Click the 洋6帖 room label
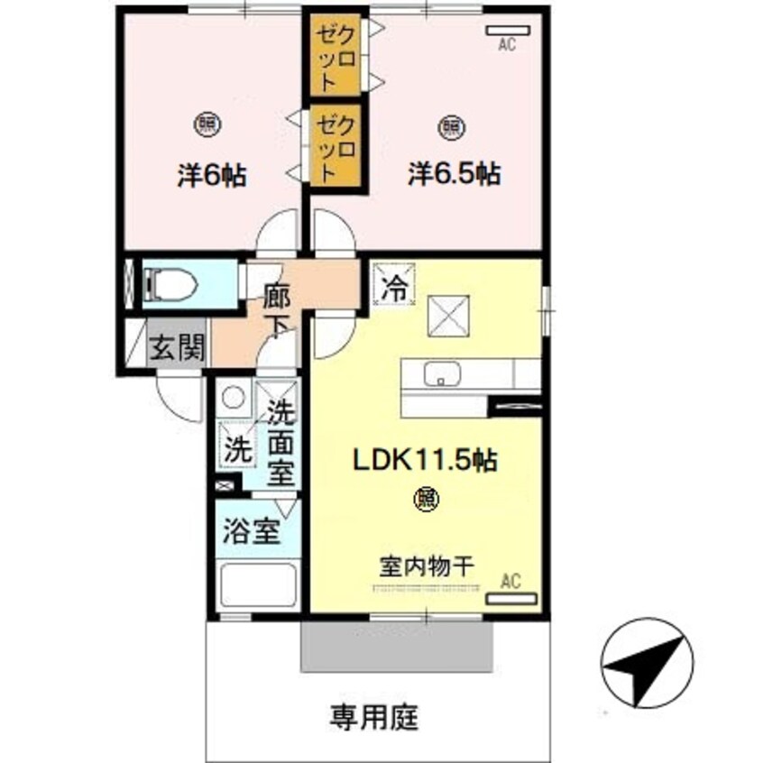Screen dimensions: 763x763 pos(212,174)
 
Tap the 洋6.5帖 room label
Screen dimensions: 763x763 pos(454,174)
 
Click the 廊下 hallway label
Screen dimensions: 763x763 pos(276,309)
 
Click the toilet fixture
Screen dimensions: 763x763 pos(172,284)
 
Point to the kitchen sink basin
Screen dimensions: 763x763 pos(442,372)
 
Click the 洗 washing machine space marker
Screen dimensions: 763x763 pos(235,448)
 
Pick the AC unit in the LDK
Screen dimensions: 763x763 pos(510,597)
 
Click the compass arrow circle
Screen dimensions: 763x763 pos(648,664)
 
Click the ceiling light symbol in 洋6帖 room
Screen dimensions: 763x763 pos(207,124)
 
